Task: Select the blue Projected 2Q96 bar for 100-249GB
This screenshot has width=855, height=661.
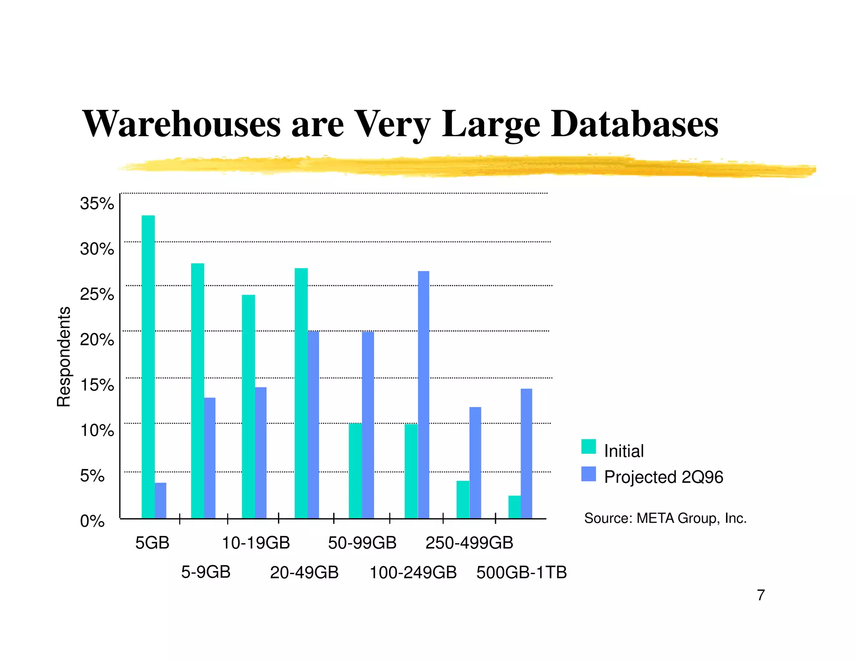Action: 423,395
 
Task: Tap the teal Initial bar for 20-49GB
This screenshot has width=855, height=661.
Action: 301,393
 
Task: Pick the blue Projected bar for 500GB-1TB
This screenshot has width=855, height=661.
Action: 526,453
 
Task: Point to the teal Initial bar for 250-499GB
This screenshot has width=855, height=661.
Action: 463,500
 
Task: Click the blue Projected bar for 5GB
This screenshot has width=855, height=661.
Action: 160,501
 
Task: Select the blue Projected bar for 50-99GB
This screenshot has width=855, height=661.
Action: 368,425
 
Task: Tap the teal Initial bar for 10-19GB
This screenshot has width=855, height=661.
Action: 248,407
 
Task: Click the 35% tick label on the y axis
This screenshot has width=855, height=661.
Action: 97,203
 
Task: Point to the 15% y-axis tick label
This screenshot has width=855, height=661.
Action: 97,385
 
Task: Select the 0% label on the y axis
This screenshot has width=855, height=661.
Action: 92,521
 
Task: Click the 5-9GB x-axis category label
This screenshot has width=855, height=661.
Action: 206,572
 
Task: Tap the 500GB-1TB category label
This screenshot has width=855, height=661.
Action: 521,572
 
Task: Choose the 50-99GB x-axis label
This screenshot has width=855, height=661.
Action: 362,543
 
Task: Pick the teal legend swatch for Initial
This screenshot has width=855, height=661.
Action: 588,447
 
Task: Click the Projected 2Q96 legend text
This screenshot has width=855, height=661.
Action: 663,477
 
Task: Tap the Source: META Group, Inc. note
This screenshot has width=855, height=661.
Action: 665,518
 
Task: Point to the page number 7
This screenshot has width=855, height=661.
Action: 761,595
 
